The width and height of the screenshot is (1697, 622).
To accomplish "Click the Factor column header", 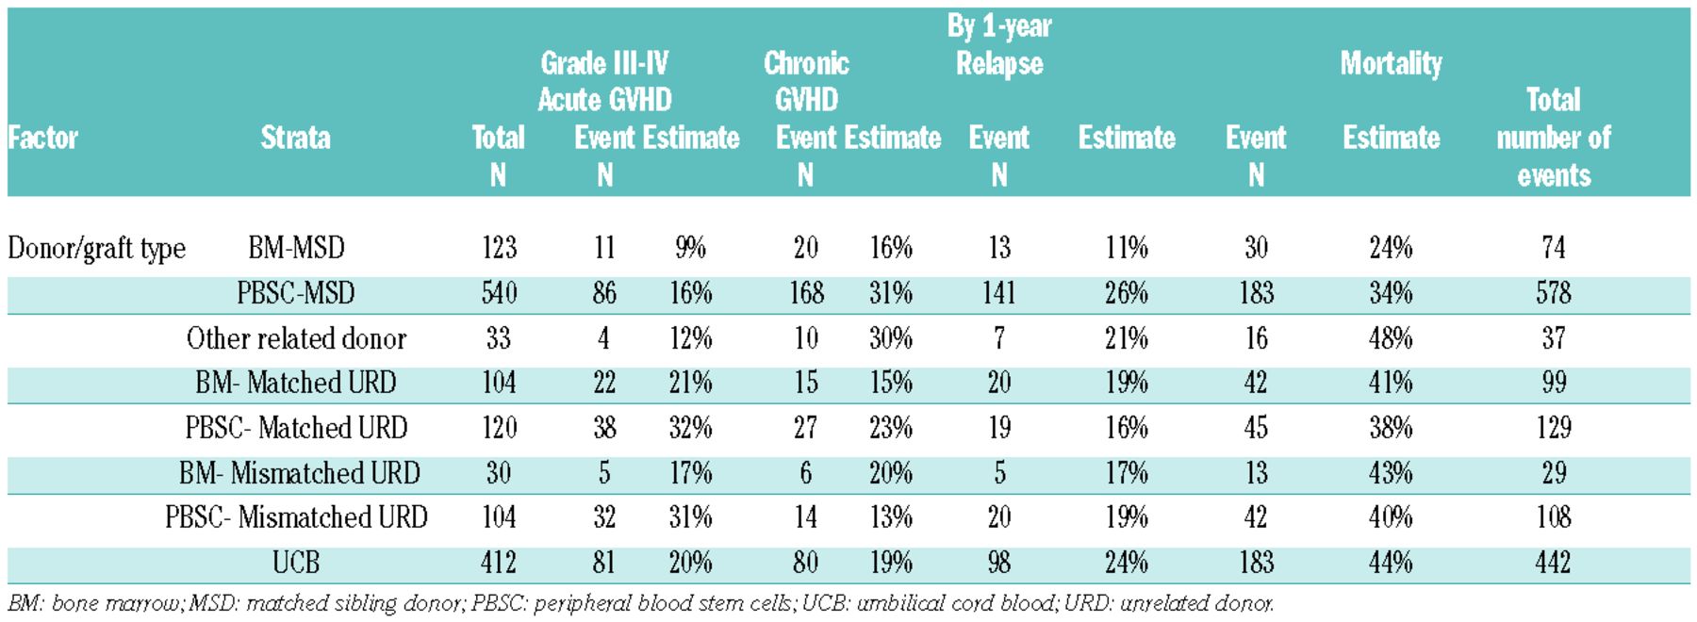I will (43, 138).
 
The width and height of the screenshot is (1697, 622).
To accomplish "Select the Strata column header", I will (295, 138).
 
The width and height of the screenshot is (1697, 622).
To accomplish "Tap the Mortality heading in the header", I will (1391, 63).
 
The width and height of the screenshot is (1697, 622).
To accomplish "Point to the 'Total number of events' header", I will (1553, 138).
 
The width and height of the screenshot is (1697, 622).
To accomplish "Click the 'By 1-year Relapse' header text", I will (999, 45).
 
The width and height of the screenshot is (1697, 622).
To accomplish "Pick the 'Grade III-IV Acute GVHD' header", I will (604, 81).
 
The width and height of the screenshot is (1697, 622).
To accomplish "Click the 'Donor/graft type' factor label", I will (96, 248).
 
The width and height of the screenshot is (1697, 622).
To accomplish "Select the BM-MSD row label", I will (296, 248).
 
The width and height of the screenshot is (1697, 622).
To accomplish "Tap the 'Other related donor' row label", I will (296, 338).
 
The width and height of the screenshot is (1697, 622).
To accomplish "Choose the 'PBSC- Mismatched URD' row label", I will (296, 517).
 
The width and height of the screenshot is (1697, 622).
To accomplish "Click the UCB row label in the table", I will (296, 563).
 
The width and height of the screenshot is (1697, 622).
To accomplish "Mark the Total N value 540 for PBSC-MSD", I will (499, 293).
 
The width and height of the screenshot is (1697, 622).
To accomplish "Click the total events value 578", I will (1553, 293).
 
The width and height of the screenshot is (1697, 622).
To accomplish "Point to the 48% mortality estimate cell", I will (1391, 338).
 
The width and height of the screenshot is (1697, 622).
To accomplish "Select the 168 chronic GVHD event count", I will (806, 293).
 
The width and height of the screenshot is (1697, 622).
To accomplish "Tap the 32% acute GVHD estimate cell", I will (690, 428).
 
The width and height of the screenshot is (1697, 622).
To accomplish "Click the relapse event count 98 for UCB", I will (999, 563).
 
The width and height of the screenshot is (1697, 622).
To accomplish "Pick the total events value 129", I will (1553, 428).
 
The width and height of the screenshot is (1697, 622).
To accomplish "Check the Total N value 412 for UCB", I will (499, 563).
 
